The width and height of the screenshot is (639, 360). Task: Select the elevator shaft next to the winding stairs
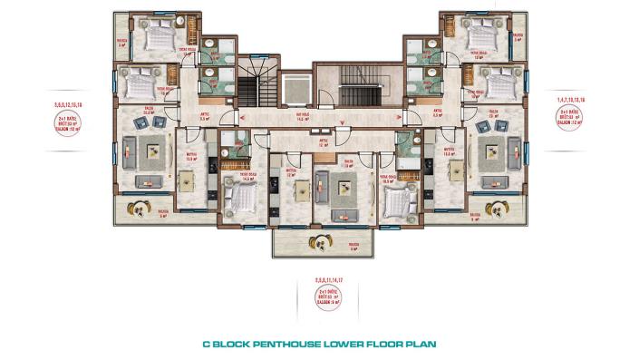click(x=295, y=90)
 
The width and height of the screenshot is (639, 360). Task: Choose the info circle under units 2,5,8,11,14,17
click(x=319, y=295)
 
